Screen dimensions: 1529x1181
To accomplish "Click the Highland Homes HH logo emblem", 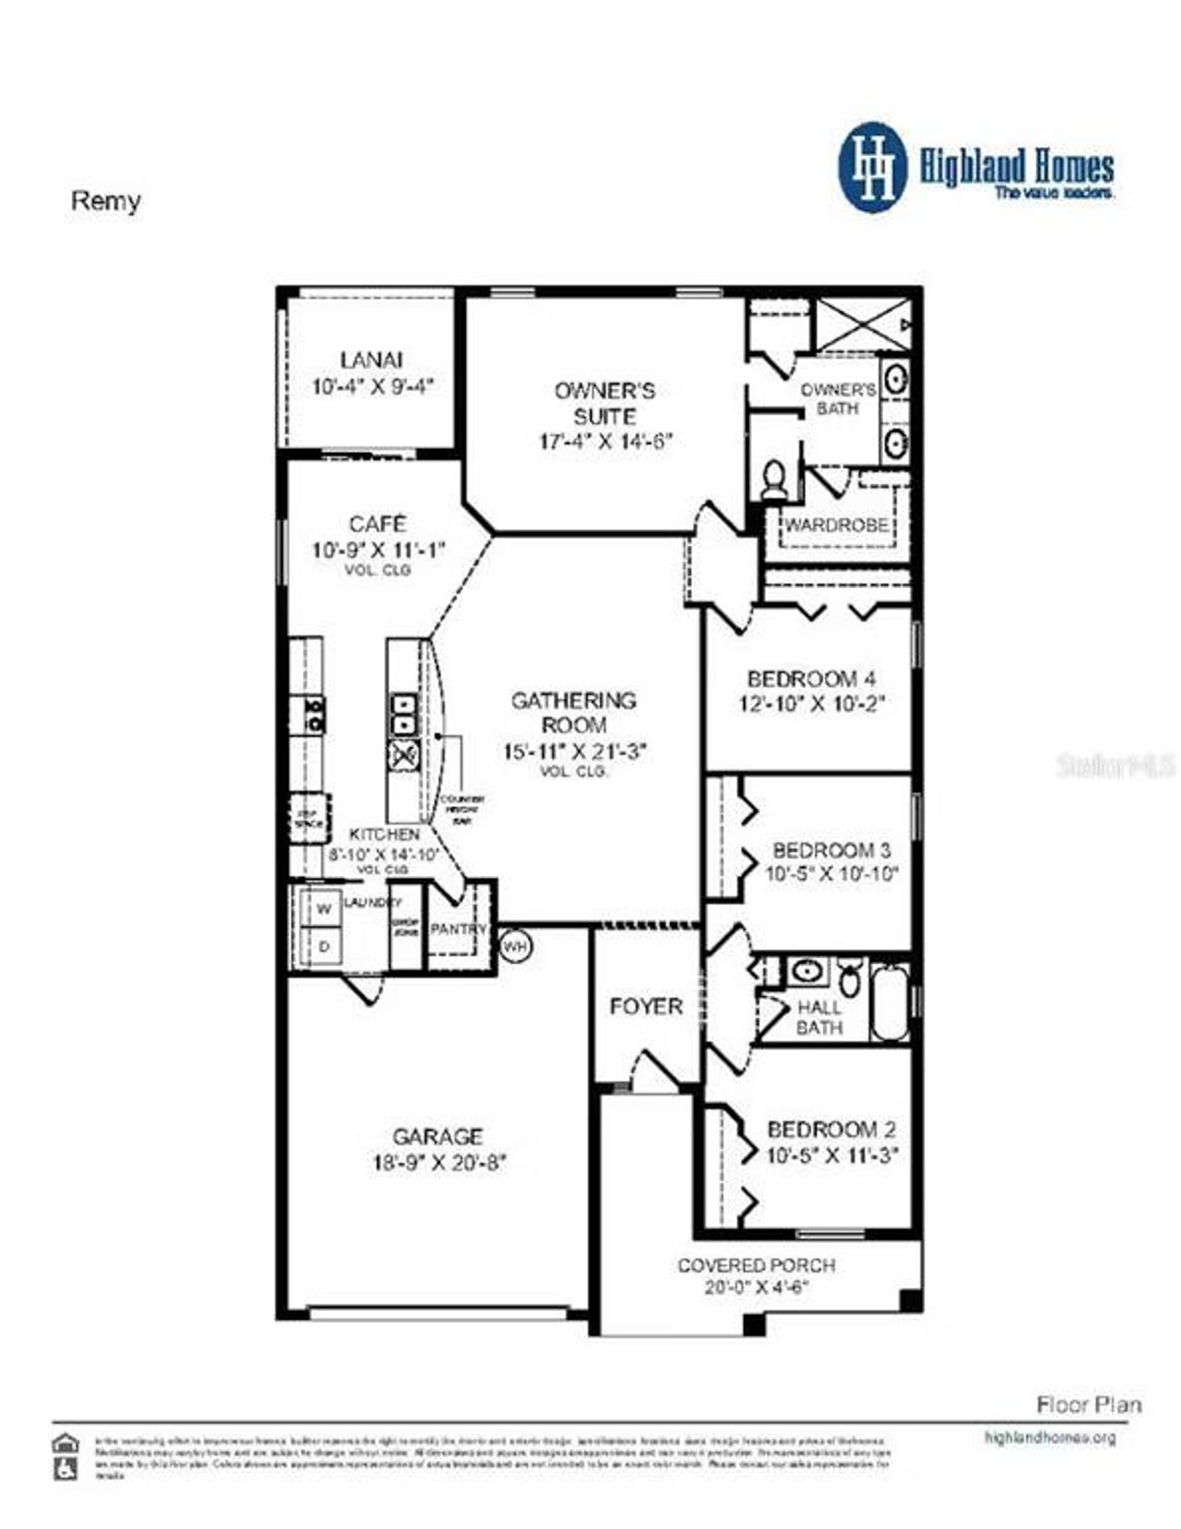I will coord(872,167).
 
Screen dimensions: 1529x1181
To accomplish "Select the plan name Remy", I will coord(105,200).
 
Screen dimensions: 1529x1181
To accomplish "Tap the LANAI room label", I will coord(371,360).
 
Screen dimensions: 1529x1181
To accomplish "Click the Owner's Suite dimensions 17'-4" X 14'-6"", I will coord(605,442).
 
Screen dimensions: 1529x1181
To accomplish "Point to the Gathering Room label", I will coord(574,712).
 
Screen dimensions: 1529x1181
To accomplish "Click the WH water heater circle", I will coord(516,946).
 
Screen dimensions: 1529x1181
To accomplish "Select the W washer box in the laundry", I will coord(324,909).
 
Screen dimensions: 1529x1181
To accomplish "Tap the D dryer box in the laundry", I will coord(324,947).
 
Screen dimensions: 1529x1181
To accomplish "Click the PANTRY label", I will coord(457,929).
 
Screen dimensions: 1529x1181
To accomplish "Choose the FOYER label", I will coord(646,1006).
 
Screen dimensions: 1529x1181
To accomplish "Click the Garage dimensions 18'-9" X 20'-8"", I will coord(439,1163).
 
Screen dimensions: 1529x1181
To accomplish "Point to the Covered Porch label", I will coord(756,1265).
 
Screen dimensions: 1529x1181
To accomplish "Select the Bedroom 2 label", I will coord(830,1129).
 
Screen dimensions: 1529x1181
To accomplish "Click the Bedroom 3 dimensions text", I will coord(831,873).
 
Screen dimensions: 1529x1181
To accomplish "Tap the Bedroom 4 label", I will coord(811,679).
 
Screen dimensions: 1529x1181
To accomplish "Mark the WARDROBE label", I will coord(836,525).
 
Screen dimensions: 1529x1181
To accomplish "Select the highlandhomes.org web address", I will coord(1050,1438).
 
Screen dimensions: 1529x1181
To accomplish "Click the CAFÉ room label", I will coord(377,524).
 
